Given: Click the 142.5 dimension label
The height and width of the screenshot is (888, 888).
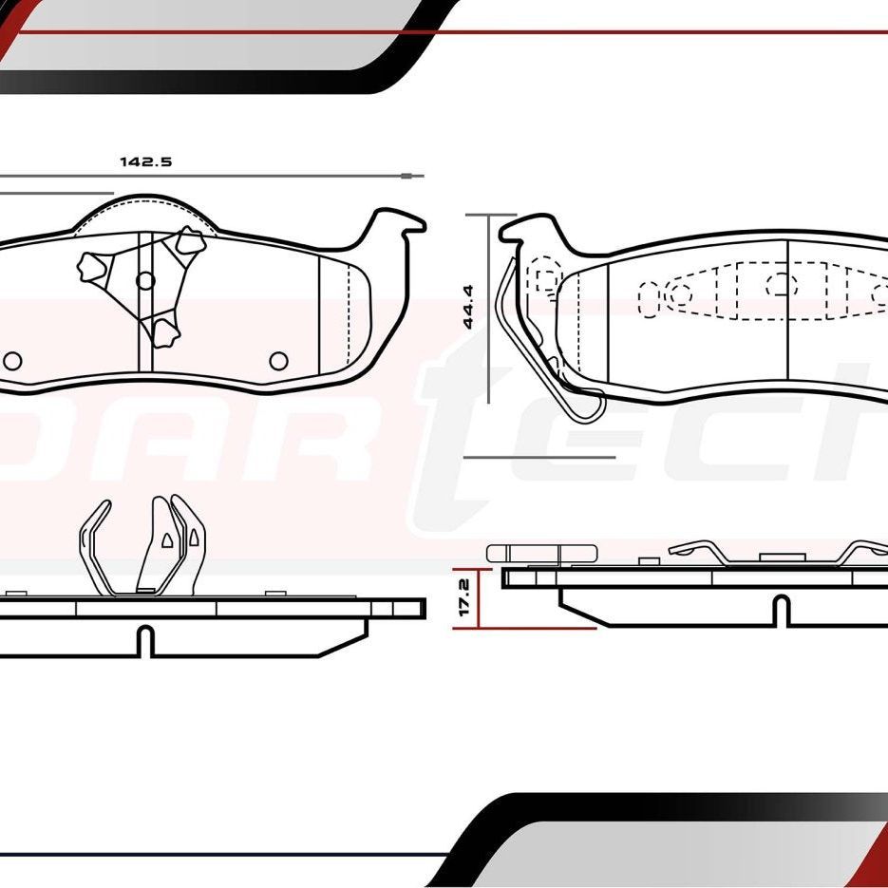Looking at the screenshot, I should [x=145, y=161].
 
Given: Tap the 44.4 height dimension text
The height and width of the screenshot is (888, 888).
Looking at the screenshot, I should [x=467, y=307].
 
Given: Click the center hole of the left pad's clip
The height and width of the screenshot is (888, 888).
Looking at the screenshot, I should [x=145, y=280].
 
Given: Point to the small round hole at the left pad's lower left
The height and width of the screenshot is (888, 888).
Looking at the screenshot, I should [x=12, y=361].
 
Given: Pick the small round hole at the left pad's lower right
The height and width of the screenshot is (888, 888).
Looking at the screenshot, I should [x=278, y=361].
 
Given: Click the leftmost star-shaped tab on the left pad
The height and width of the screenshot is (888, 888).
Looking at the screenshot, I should [x=93, y=268].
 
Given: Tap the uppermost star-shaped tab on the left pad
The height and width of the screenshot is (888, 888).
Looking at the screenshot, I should [x=190, y=241].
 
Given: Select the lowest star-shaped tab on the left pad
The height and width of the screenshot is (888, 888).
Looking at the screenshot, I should [x=166, y=331].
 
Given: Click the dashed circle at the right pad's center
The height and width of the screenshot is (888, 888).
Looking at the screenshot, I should [x=781, y=283].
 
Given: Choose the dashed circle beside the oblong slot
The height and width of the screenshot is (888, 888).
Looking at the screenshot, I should [x=680, y=293].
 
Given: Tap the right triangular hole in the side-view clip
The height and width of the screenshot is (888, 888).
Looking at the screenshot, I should [x=194, y=538].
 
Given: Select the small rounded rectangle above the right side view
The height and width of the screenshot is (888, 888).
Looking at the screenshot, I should [x=541, y=553].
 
